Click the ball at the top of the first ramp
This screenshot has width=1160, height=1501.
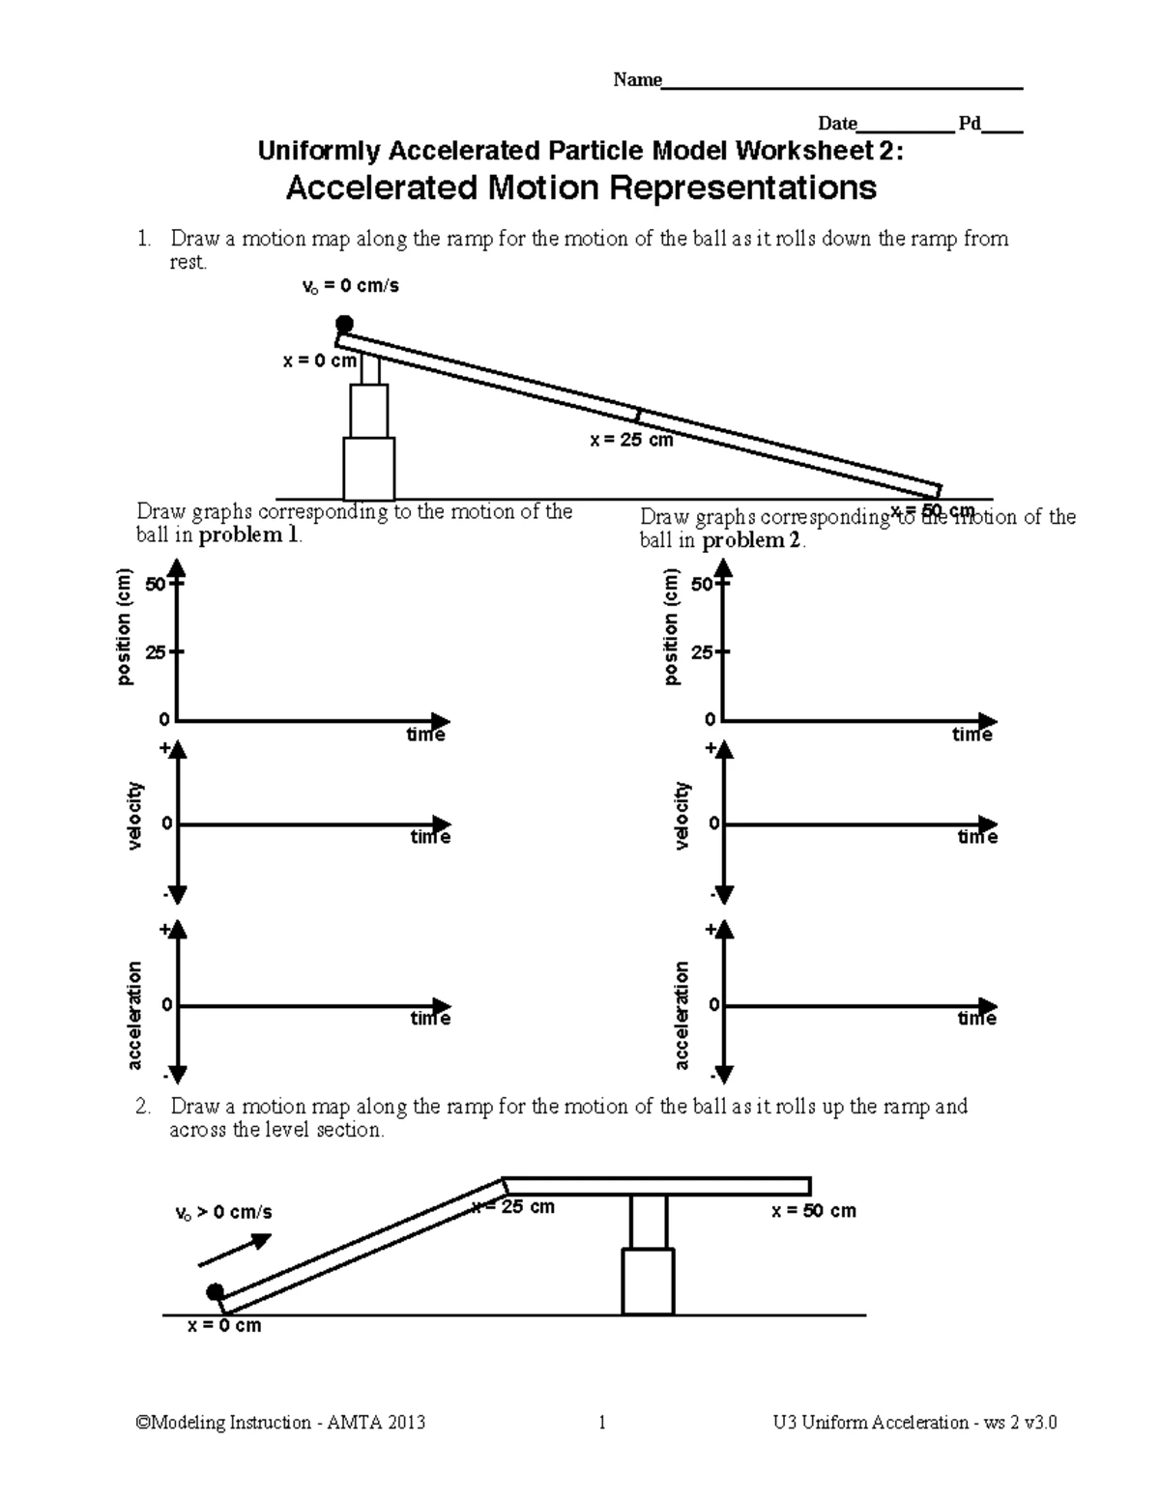[344, 324]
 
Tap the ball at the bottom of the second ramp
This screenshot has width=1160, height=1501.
[215, 1292]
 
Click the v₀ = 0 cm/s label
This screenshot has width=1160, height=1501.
[351, 286]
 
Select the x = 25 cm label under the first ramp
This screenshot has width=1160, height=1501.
[631, 440]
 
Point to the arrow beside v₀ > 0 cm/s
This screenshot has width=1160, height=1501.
[236, 1248]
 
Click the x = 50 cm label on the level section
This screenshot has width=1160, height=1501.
[813, 1211]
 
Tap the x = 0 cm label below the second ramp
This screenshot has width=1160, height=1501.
[223, 1326]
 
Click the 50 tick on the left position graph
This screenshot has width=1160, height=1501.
[155, 585]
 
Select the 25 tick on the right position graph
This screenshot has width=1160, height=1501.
[703, 652]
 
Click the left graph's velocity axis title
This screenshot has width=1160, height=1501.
[134, 817]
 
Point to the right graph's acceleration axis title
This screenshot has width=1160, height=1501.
[681, 1015]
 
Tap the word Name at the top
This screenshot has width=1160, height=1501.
[637, 80]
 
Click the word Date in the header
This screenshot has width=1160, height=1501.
[837, 124]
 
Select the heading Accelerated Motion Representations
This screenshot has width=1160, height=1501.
[581, 188]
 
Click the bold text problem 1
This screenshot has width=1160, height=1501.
[250, 535]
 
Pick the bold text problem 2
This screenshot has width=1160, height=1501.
[753, 540]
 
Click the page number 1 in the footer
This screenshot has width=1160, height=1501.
[602, 1423]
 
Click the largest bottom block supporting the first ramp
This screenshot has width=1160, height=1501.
[368, 469]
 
